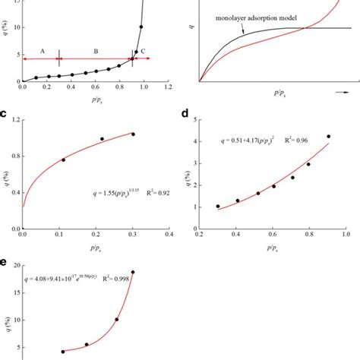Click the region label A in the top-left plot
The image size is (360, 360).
coord(43,50)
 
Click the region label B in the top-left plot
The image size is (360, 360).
coord(96,50)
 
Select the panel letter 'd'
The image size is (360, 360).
coord(185,114)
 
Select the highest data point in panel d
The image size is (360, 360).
coord(329,137)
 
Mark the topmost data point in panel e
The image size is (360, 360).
coord(133,272)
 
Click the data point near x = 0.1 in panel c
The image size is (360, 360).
coord(63,159)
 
